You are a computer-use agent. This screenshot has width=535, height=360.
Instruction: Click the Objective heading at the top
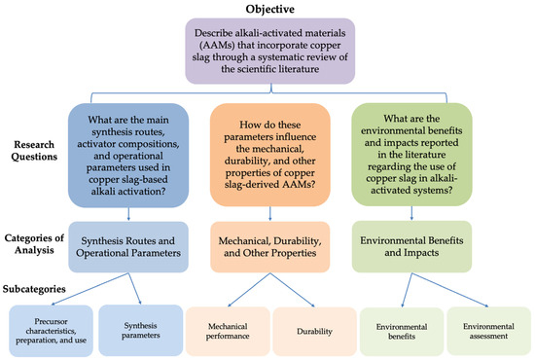pos(269,9)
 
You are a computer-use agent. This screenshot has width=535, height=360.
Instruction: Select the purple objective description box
pos(269,52)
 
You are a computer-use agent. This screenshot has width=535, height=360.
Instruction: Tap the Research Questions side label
pos(34,151)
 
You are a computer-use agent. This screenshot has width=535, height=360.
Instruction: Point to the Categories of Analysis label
pos(34,244)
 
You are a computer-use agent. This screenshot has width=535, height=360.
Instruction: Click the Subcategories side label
pos(34,289)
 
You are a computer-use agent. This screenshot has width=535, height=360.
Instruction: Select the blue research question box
pos(128,156)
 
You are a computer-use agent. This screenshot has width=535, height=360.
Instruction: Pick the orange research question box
pos(269,155)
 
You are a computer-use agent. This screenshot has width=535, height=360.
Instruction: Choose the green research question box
pos(411,155)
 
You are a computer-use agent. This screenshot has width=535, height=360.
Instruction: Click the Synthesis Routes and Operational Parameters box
pos(128,247)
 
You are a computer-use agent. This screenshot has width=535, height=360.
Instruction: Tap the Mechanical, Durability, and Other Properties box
pos(269,247)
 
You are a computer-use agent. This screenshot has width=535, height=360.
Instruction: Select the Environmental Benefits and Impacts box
pos(411,246)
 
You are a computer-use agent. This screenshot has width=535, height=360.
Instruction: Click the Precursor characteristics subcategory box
pos(51,331)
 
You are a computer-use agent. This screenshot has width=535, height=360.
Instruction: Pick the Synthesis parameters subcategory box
pos(141,330)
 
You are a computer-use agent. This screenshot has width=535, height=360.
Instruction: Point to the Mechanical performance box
pos(228,331)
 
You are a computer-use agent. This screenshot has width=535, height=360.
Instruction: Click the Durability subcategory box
pos(314,331)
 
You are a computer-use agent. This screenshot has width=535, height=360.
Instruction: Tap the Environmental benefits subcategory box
pos(402,332)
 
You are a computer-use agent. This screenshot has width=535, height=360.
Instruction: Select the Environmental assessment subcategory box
pos(488,331)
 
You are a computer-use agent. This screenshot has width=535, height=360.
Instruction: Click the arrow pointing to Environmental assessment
pos(450,290)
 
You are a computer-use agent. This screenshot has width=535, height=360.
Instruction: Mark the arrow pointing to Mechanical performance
pos(249,290)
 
